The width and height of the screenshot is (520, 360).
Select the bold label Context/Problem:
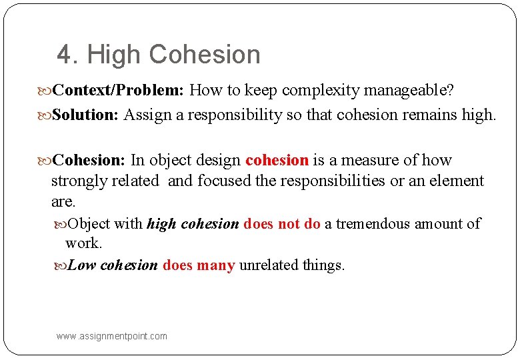coord(119,89)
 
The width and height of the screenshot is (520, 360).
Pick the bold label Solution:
coord(85,115)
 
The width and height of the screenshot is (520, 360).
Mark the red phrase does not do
coord(282,224)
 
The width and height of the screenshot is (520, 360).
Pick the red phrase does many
coord(199,265)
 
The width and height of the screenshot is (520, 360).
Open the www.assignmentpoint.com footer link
coord(112,336)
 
